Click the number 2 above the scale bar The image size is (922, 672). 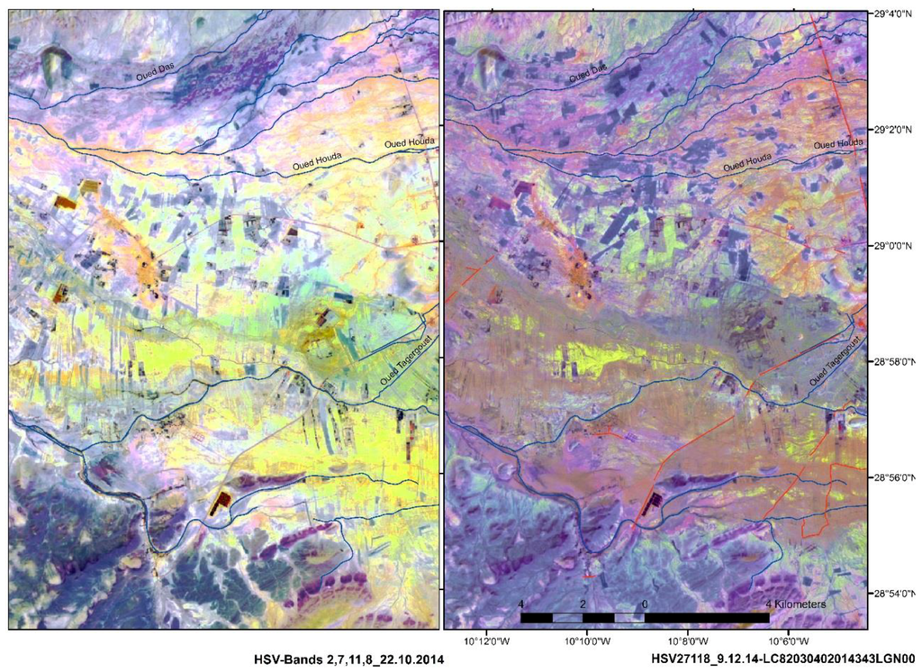coord(583,604)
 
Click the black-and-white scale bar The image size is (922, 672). coord(645,618)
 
